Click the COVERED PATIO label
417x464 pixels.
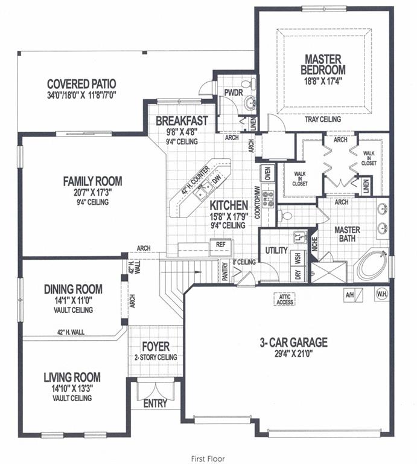(x=81, y=83)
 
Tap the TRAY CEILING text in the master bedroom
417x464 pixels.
(x=323, y=119)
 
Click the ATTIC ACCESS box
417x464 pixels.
(x=284, y=299)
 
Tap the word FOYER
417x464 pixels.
(x=155, y=347)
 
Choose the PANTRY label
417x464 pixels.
(x=224, y=270)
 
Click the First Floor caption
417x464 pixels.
(x=207, y=459)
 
